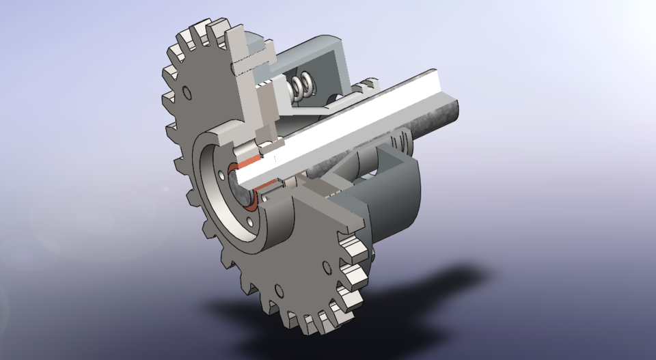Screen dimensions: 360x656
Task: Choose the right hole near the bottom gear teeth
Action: (x=327, y=266)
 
